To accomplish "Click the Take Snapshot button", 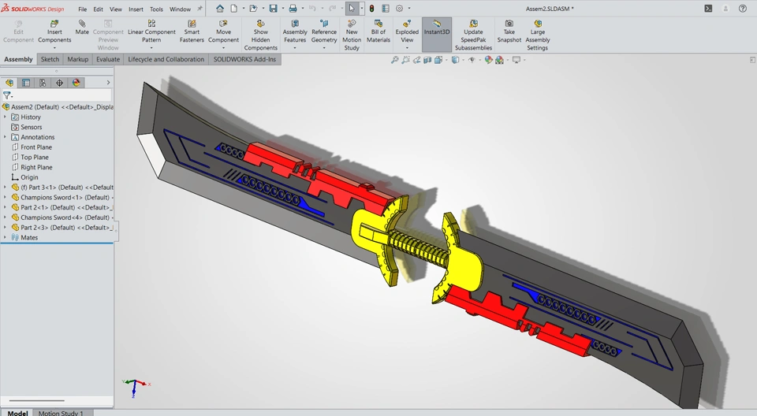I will (509, 32).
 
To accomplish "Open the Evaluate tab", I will (108, 59).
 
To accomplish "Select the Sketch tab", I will (50, 59).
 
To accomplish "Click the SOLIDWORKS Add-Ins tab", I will (244, 59).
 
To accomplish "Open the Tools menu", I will (156, 9).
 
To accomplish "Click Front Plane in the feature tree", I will (36, 147).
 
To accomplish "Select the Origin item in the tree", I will (29, 177).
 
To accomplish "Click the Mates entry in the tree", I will (29, 237).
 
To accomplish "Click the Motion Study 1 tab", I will (61, 413).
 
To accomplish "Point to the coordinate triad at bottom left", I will (135, 385).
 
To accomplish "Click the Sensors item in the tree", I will (31, 127).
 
